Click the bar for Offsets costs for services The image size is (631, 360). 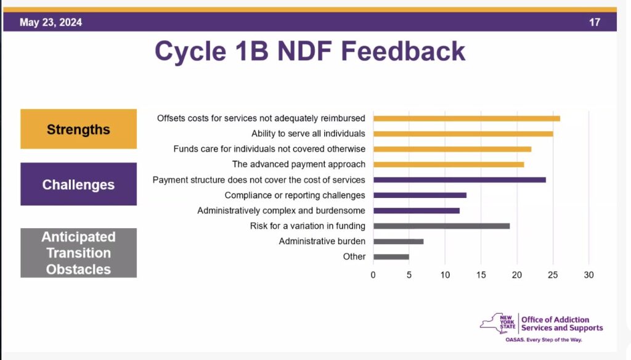point(467,118)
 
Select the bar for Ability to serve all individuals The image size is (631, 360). point(463,134)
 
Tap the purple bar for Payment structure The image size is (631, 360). point(460,180)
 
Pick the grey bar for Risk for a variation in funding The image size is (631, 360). point(441,226)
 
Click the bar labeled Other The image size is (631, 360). point(391,257)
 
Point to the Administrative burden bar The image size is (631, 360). point(399,242)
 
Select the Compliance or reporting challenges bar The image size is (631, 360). point(420,195)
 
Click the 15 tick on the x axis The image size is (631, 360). point(481,275)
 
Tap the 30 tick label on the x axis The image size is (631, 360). point(588,275)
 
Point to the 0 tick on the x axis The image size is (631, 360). point(373,275)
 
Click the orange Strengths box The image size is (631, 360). point(78,129)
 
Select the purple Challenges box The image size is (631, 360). point(78,184)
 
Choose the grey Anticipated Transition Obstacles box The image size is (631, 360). point(78,253)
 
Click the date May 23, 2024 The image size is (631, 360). point(51,22)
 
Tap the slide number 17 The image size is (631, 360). point(595,22)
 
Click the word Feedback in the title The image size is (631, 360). point(403,51)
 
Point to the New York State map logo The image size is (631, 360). point(497,324)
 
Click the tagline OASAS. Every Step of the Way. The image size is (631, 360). point(543,340)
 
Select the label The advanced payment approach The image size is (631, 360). point(299,165)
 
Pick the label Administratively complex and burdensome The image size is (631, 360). point(281,211)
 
